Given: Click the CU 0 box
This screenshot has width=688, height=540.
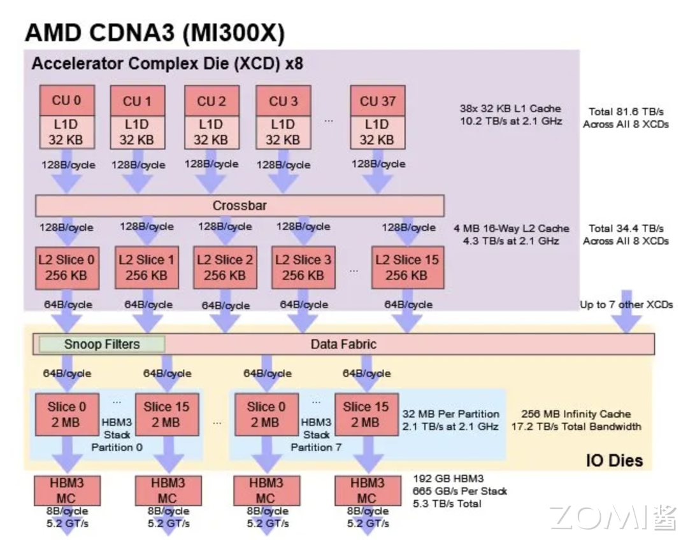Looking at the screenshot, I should [67, 101].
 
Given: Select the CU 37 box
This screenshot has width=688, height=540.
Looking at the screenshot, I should [378, 101].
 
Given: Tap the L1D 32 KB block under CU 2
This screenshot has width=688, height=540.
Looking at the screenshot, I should [211, 132].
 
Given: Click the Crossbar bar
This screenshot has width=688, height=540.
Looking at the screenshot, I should [240, 206].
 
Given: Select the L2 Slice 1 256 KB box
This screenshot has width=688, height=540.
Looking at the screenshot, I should [146, 267].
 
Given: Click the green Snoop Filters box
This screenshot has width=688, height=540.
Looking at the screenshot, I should [102, 345].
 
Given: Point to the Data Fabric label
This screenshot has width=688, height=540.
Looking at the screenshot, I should [343, 345].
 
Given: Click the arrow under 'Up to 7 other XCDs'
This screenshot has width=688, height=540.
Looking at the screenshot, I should [627, 322].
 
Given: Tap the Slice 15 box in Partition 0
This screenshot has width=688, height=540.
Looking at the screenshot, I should [166, 414].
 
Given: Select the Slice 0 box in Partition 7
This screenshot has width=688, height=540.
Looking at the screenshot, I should [266, 414].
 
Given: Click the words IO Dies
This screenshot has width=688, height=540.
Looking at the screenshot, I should [614, 460].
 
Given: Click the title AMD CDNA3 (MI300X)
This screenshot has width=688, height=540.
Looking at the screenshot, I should [155, 32].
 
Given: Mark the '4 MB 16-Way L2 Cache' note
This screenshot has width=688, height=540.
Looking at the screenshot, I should [511, 228].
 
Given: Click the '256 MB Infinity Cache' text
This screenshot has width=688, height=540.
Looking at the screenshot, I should [575, 414].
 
